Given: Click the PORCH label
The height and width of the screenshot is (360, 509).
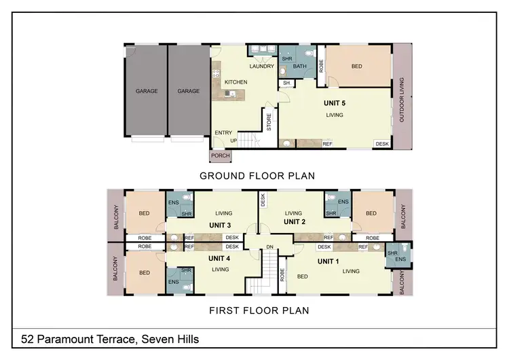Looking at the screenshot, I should [221, 156].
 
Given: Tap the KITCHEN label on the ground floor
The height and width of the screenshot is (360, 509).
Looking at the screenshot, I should [235, 82].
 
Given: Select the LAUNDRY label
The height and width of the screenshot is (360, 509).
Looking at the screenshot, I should [261, 67].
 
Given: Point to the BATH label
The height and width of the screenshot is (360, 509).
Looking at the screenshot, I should [301, 67].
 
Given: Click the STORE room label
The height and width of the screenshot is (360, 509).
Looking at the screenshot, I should [269, 123].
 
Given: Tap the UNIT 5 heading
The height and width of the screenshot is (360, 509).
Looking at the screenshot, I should [334, 103].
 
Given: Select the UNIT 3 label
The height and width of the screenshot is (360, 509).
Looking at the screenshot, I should [219, 226].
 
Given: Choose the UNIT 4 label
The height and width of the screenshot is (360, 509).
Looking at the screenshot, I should [219, 258].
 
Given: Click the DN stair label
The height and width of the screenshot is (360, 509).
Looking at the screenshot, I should [269, 247].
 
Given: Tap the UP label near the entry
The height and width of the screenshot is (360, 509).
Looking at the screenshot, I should [234, 141].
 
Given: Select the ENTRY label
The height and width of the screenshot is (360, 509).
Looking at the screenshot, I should [223, 132].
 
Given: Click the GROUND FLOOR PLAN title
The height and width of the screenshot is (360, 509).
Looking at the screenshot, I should [257, 175].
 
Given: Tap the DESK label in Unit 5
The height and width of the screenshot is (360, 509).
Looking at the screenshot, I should [382, 144].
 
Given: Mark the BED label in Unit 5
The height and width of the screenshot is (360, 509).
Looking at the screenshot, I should [357, 67].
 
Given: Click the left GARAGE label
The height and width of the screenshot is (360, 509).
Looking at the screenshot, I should [147, 91].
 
